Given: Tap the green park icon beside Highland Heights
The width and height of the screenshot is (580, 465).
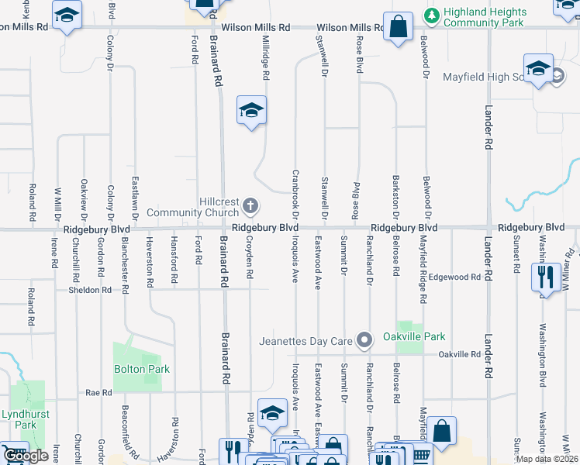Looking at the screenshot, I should [431, 14].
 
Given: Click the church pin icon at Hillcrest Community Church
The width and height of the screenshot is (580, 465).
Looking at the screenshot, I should [250, 206].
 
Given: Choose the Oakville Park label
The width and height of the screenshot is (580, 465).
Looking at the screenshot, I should [414, 336].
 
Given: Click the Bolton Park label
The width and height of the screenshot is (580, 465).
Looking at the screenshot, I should [141, 369].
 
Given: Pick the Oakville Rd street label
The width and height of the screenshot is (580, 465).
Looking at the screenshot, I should [459, 354].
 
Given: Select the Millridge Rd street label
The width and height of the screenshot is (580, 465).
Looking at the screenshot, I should [266, 58].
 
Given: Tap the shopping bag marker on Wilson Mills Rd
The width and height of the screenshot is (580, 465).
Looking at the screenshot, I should [398, 27].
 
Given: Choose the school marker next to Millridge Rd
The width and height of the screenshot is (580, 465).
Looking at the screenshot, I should [251, 111].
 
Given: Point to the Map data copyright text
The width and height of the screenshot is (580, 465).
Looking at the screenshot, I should [546, 459].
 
